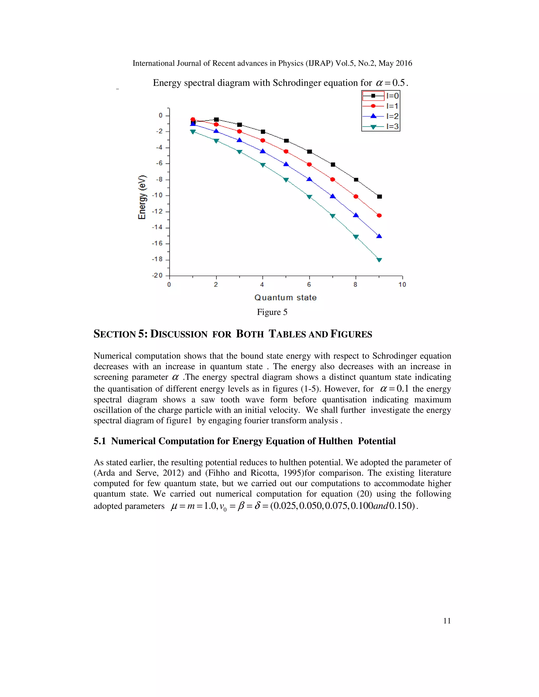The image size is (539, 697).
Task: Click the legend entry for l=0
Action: [381, 96]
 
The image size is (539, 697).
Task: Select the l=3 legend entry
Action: [381, 126]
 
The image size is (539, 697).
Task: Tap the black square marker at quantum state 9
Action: [379, 196]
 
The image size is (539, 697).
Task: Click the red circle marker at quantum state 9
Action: [379, 215]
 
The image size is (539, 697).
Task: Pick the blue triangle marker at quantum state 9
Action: [379, 236]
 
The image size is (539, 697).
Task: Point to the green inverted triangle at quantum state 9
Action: [379, 260]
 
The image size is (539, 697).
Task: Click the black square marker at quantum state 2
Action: [216, 120]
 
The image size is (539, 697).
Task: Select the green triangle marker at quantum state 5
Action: [286, 180]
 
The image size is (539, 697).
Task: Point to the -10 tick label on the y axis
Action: [157, 195]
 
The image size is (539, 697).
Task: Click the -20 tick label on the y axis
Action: [157, 275]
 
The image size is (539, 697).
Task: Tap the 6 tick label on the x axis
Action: [309, 285]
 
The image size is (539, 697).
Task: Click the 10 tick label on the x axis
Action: [402, 285]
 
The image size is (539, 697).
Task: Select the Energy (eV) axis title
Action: [142, 197]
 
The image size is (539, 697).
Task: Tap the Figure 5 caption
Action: [272, 312]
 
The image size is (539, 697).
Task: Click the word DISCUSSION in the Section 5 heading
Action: [179, 334]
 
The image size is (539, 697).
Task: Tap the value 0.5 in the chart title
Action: [398, 83]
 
